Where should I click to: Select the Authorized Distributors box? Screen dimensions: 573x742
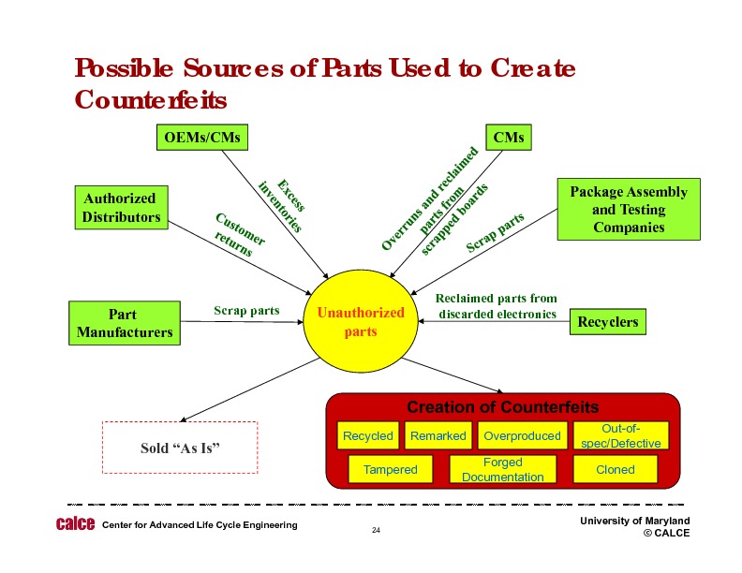pos(121,207)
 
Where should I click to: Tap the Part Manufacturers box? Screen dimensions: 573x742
pos(123,322)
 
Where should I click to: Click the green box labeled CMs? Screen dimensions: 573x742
pos(508,138)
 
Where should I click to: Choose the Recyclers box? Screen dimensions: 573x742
pos(607,322)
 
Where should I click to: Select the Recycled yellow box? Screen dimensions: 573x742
pos(367,435)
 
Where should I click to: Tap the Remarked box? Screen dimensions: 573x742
pos(438,435)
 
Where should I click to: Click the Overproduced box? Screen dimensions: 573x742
pos(522,435)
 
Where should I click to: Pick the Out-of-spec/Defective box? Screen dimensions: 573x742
pos(621,435)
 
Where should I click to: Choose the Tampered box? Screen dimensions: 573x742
pos(390,469)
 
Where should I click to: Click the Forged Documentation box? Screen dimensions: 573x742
pos(502,469)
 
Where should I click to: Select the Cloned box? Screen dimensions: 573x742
pos(616,469)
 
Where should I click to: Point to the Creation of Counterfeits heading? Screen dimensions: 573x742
pos(502,407)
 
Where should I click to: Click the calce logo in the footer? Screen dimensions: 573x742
pos(75,524)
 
